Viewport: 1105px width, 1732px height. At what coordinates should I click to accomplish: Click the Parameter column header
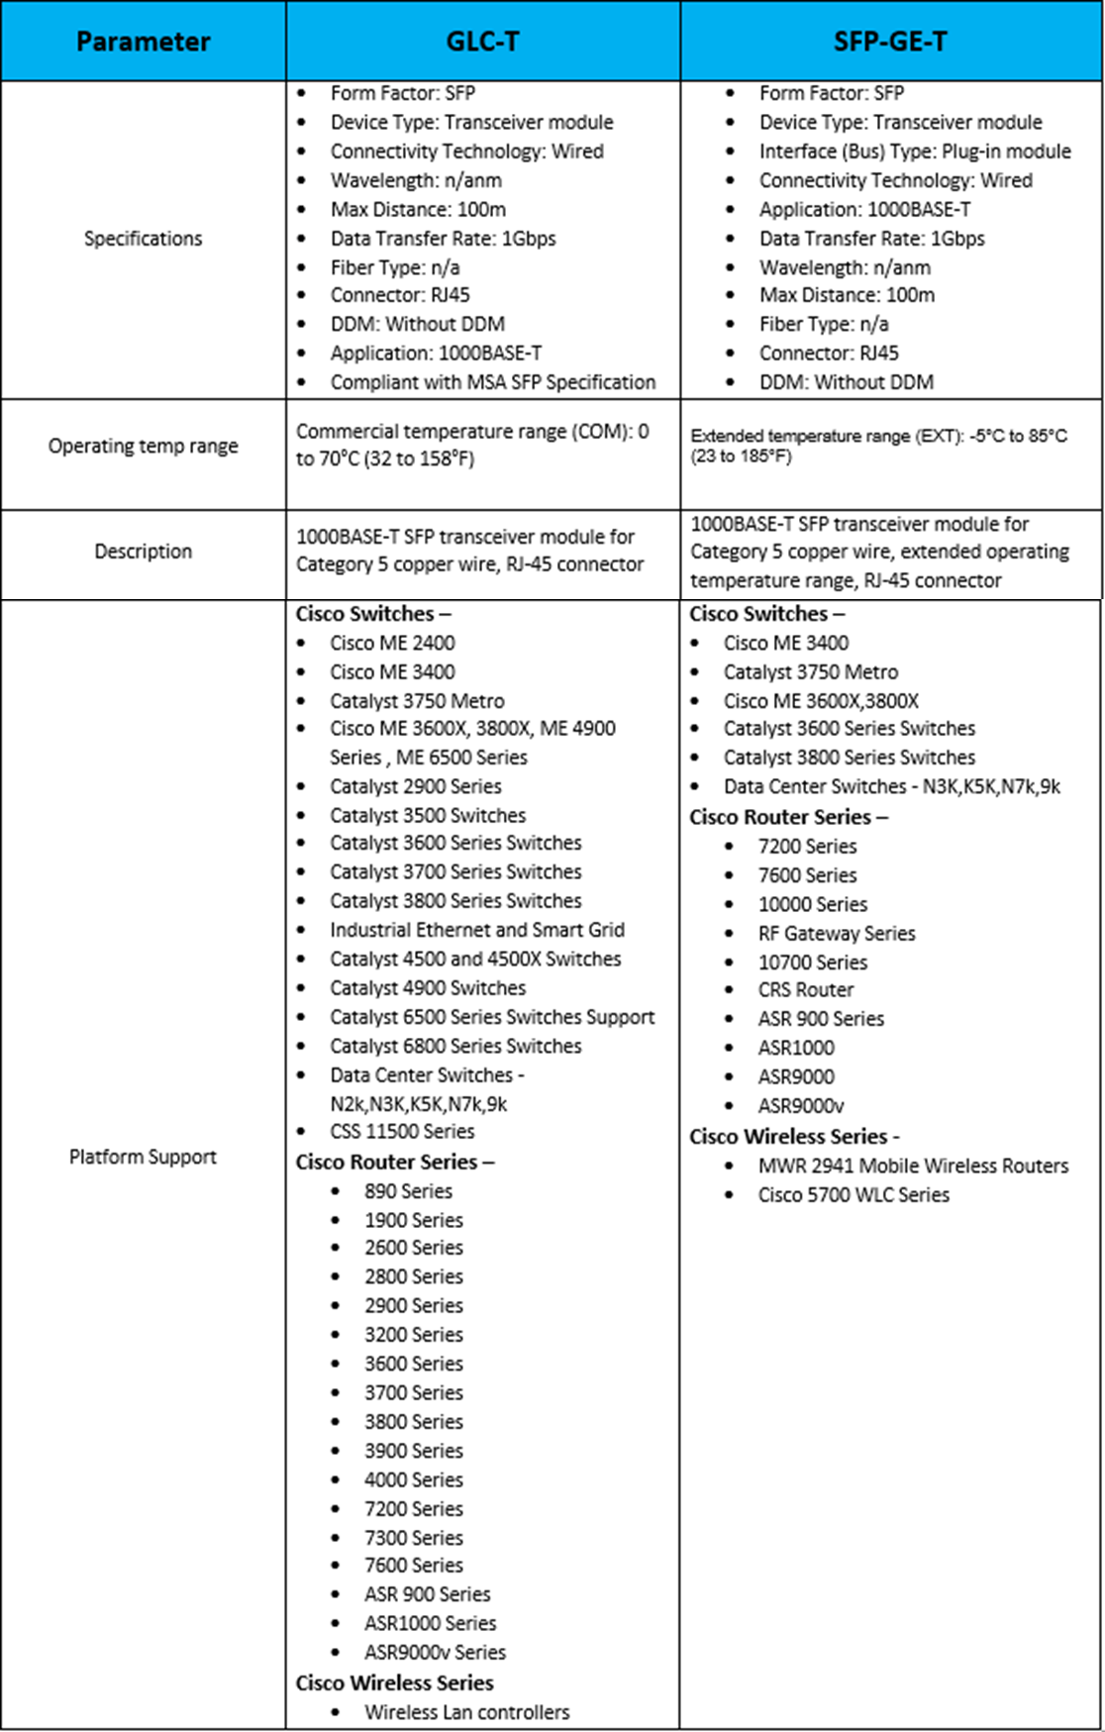143,42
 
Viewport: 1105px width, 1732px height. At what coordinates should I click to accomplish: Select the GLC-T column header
482,42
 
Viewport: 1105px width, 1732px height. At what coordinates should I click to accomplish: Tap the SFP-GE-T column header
890,42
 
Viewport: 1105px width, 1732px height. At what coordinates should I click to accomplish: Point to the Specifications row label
143,239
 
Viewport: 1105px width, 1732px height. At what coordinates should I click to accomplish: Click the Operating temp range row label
143,447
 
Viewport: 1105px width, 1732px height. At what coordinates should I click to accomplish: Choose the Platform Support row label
143,1157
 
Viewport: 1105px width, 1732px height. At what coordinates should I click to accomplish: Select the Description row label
143,552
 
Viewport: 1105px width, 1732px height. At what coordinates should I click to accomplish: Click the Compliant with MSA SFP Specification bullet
492,382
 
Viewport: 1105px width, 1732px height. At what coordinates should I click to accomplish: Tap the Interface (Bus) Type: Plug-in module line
914,152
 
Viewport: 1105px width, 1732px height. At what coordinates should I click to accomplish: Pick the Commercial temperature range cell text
472,446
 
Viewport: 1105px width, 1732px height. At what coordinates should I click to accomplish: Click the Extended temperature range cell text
878,446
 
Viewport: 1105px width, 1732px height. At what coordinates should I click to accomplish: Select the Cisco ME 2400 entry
392,643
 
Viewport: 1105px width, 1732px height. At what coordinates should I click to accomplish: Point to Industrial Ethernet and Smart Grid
476,930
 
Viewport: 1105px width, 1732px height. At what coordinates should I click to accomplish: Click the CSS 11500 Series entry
401,1131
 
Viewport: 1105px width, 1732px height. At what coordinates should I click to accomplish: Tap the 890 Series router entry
408,1191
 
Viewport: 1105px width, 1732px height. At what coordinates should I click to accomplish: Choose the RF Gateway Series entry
836,933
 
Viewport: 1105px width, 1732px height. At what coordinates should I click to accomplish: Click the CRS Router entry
805,989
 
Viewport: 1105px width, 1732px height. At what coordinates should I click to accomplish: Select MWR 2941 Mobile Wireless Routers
913,1166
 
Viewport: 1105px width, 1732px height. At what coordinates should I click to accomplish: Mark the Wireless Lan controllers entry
466,1712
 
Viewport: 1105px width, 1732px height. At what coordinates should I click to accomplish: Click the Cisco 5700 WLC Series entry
853,1195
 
